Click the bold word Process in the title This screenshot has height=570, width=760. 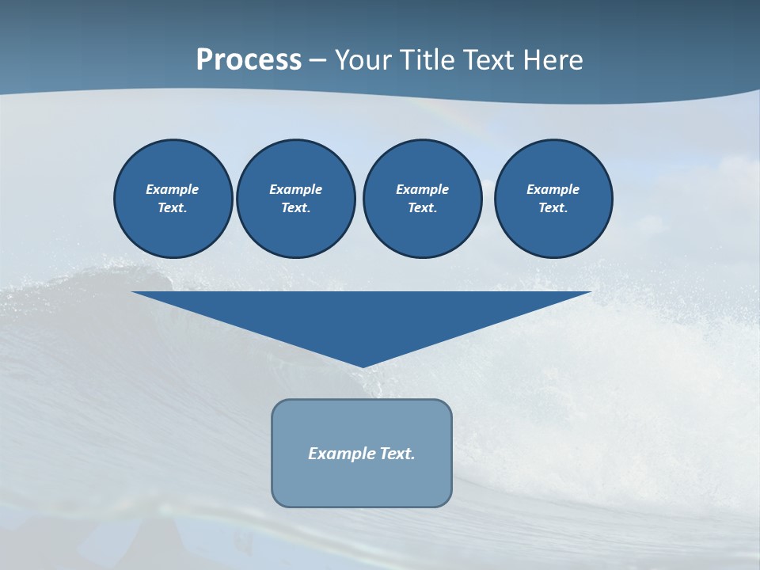tap(249, 60)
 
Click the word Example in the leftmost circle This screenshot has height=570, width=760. tap(172, 189)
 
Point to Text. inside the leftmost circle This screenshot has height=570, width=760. tap(172, 208)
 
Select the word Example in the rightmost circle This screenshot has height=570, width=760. tap(553, 189)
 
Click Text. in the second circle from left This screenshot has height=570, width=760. tap(295, 208)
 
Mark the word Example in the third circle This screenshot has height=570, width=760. tap(422, 189)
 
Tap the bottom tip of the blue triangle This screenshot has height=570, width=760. tap(362, 366)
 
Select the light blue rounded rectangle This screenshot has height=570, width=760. tap(362, 483)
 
